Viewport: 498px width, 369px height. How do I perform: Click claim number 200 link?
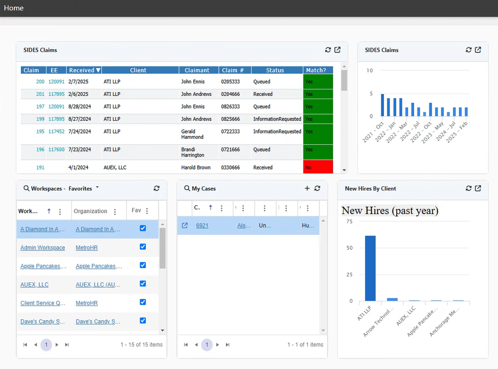pos(40,82)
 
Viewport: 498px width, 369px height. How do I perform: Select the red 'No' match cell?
pos(318,167)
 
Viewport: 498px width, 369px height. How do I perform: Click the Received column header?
pos(84,70)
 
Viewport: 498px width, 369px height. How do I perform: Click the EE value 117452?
pos(56,132)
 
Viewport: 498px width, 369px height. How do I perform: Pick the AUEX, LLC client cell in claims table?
pos(115,167)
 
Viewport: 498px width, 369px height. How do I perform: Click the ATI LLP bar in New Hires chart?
pos(370,268)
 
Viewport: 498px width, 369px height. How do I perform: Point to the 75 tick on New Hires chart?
pos(349,222)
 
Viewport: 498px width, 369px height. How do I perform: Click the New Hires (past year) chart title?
pos(390,210)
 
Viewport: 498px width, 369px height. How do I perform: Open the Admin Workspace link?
pos(42,248)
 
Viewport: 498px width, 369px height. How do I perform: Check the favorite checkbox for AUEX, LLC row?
pos(143,284)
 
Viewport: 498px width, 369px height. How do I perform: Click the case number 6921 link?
pos(202,225)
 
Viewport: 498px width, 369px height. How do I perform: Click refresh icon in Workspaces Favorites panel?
pos(156,188)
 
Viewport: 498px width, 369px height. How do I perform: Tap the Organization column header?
pos(90,211)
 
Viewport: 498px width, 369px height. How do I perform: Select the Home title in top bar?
pos(14,8)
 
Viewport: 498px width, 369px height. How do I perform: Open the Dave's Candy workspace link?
pos(42,321)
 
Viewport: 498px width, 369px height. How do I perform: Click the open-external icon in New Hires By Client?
pos(478,188)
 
